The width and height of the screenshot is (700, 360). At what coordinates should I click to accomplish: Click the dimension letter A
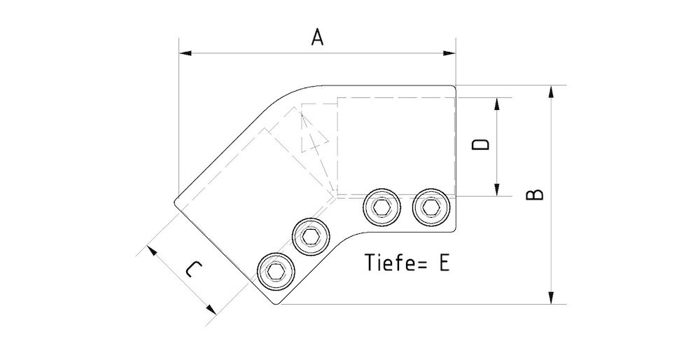317,38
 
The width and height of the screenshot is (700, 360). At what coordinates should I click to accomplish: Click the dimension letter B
534,194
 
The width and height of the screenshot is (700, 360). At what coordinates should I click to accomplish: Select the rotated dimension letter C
194,270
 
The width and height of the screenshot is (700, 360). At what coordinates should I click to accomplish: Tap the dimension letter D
480,145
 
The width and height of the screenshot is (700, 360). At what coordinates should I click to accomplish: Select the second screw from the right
381,207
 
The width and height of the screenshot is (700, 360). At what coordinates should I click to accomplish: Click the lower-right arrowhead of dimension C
210,309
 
